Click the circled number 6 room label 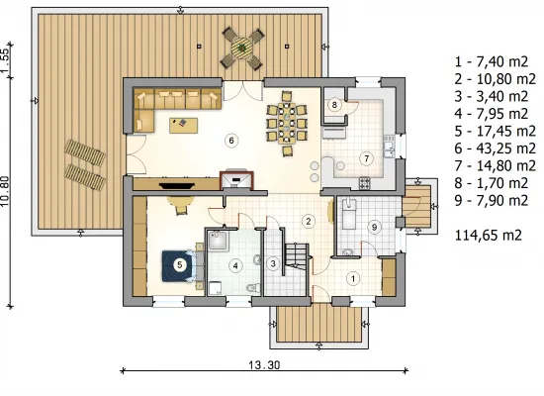(231, 141)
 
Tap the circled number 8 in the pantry (334, 105)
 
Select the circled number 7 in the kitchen (367, 158)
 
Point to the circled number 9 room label (374, 227)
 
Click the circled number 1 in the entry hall (353, 278)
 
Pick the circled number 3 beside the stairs (273, 263)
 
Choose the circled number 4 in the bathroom (235, 266)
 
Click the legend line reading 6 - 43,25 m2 (496, 148)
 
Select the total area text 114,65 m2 (489, 236)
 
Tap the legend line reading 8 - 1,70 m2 (492, 183)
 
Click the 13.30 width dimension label (264, 365)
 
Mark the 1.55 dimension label (5, 60)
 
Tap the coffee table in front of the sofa (184, 126)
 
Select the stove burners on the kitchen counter (365, 183)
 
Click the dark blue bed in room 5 (178, 266)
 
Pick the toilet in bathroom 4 (253, 288)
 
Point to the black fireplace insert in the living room (176, 186)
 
